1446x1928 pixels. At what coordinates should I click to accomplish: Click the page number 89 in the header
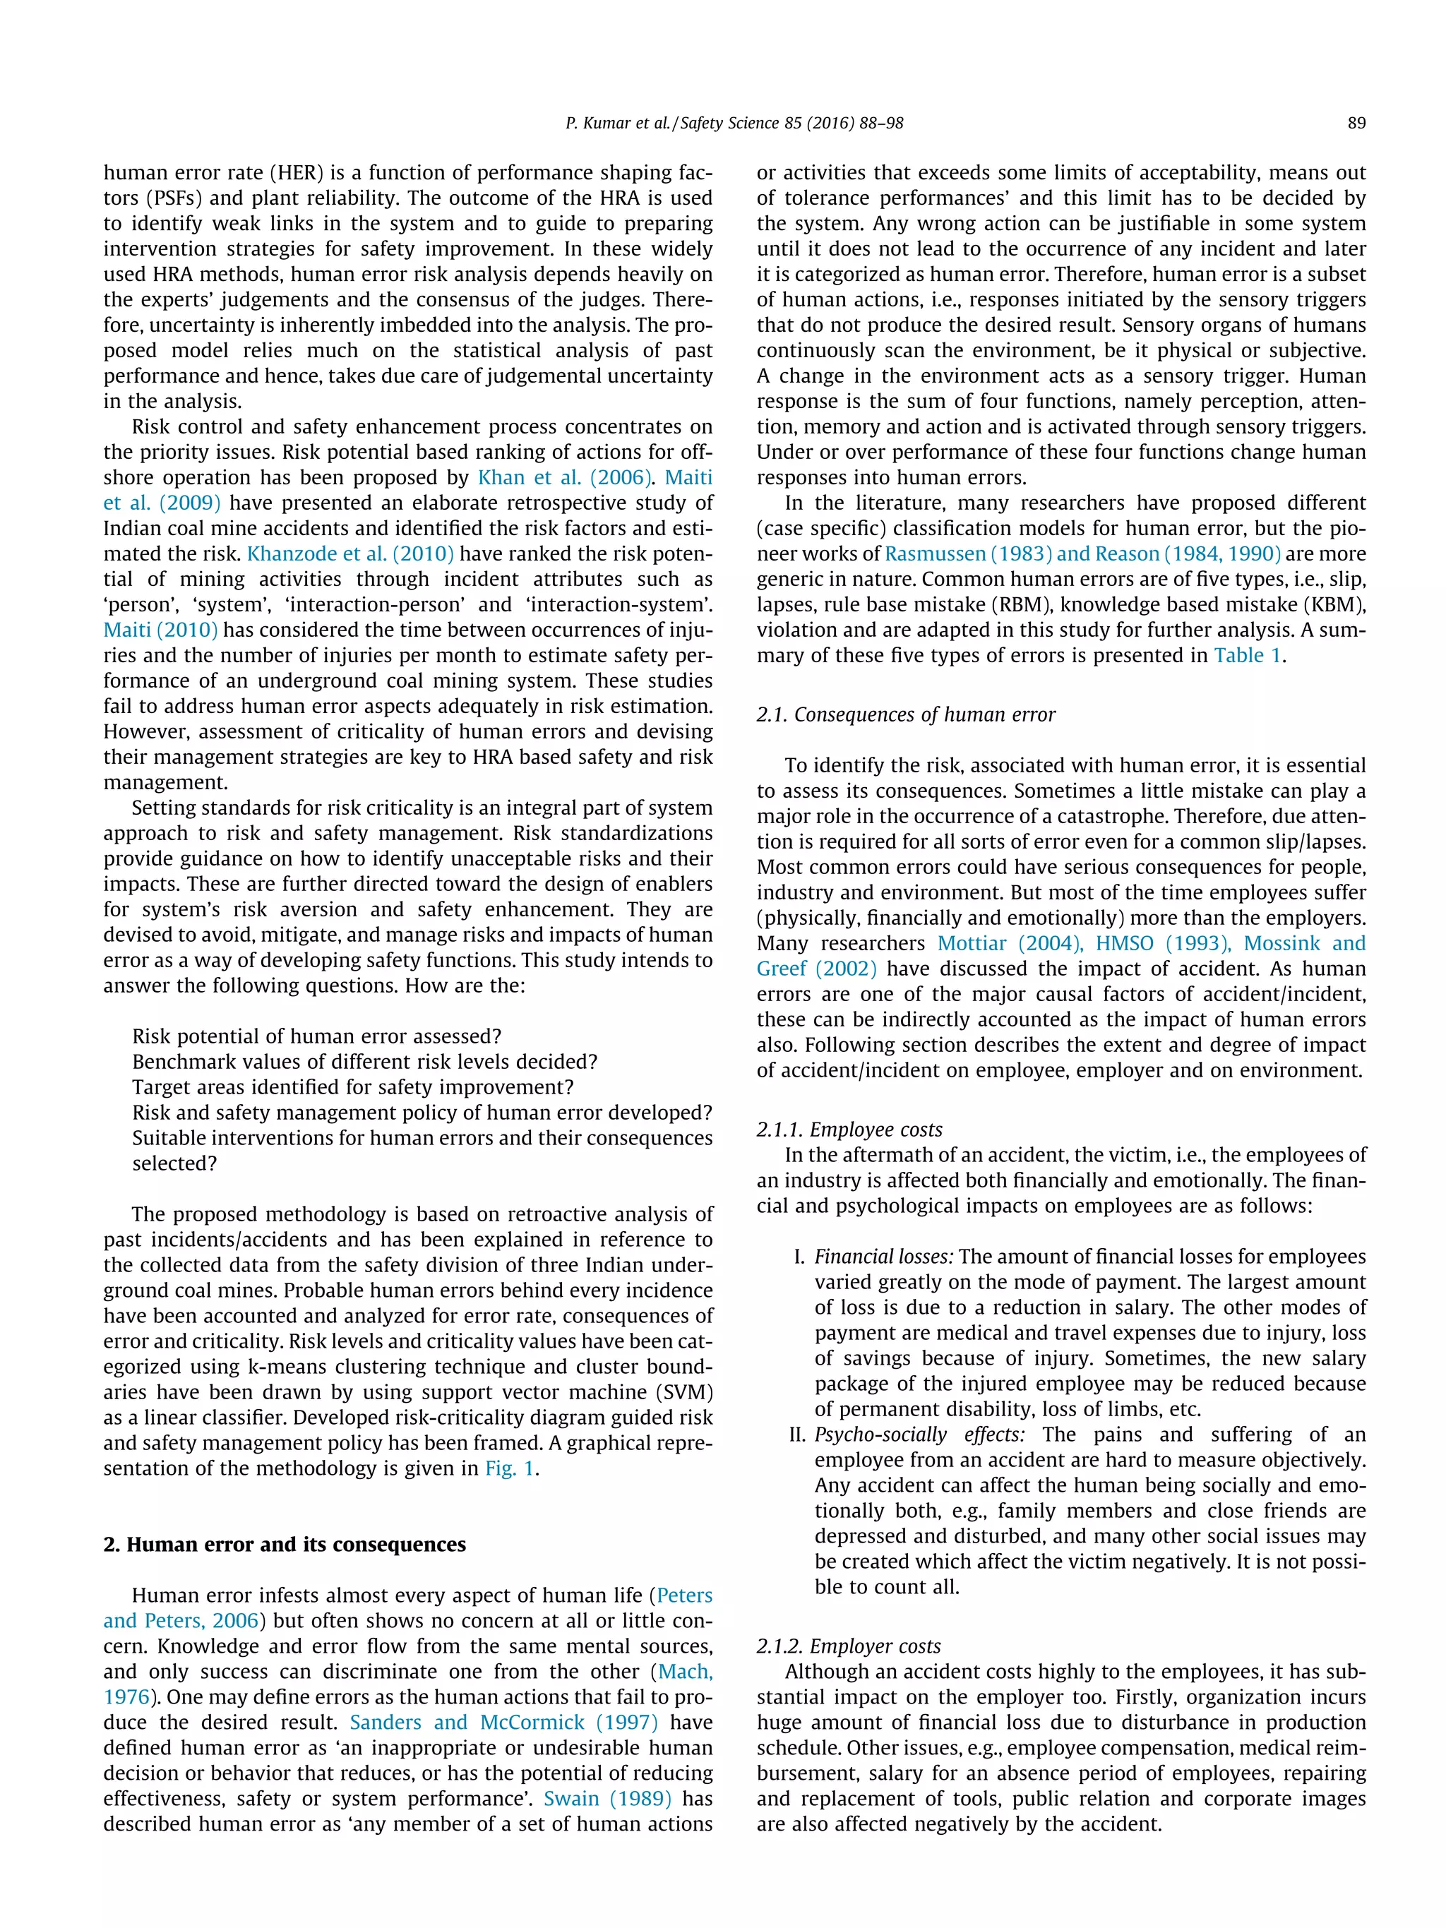[1356, 123]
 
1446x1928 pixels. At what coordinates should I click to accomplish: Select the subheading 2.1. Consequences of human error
[906, 714]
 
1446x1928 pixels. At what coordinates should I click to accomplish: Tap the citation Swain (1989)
[607, 1799]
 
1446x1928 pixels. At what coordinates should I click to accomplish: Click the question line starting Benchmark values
[364, 1062]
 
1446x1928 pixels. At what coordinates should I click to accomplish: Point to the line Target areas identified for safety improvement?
[353, 1087]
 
